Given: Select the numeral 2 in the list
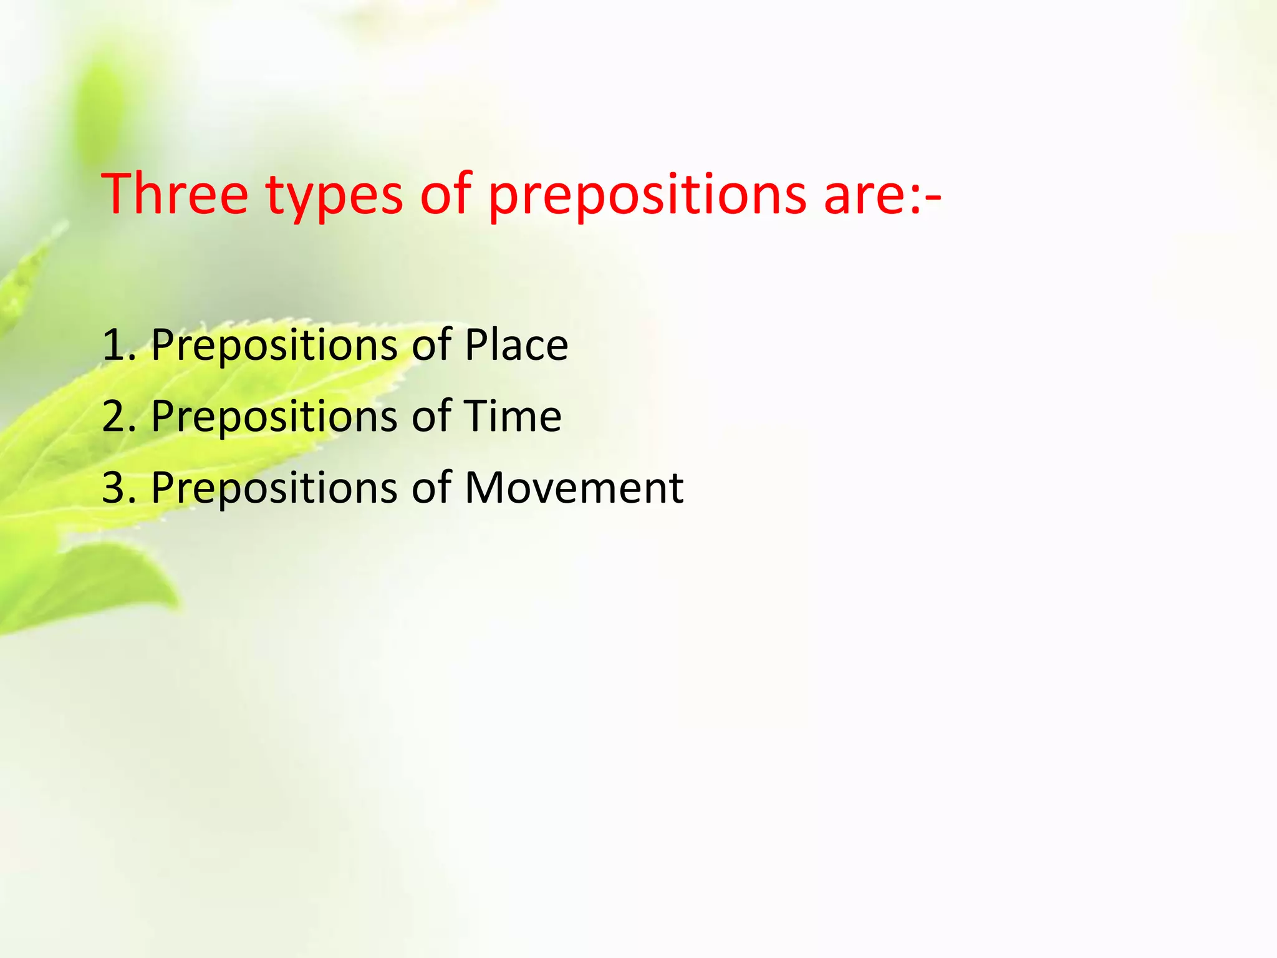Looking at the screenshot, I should click(x=114, y=416).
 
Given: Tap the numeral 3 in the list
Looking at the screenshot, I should click(x=114, y=488).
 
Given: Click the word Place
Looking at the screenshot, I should click(x=516, y=345).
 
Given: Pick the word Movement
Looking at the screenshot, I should click(x=574, y=488).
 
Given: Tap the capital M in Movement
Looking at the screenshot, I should click(x=484, y=488).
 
